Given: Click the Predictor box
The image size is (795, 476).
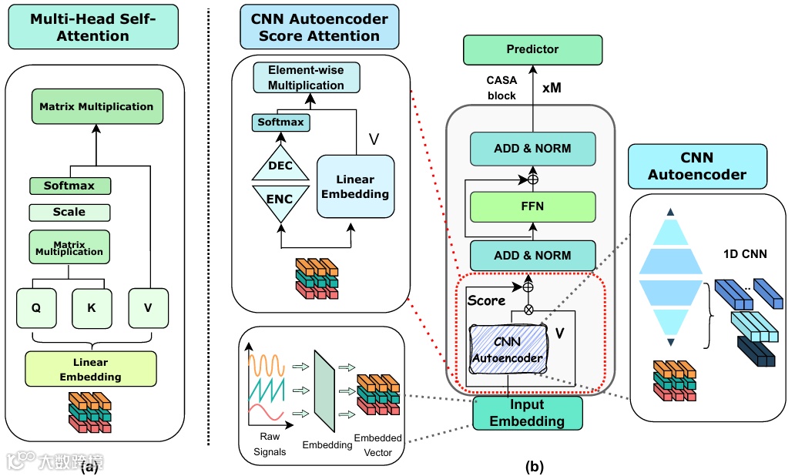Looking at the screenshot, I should click(x=532, y=49).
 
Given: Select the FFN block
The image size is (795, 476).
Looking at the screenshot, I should click(x=532, y=206).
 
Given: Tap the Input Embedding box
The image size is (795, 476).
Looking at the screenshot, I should click(x=527, y=413).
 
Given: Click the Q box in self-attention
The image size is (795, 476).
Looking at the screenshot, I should click(x=36, y=307).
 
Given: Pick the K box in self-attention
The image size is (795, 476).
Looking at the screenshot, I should click(x=91, y=307).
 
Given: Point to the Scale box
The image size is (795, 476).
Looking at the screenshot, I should click(x=69, y=212).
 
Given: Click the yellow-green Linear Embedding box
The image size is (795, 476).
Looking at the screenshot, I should click(x=90, y=369).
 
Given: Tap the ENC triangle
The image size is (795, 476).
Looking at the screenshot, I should click(x=280, y=200).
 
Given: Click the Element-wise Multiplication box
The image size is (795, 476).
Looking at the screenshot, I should click(x=306, y=78).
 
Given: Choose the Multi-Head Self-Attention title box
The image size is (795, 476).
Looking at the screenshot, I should click(x=92, y=28).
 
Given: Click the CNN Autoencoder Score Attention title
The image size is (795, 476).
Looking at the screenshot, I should click(x=320, y=28).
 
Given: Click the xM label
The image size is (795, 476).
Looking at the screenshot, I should click(x=552, y=88).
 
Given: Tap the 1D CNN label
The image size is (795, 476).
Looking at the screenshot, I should click(x=745, y=253).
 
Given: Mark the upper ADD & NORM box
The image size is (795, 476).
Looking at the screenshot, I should click(x=532, y=148).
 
